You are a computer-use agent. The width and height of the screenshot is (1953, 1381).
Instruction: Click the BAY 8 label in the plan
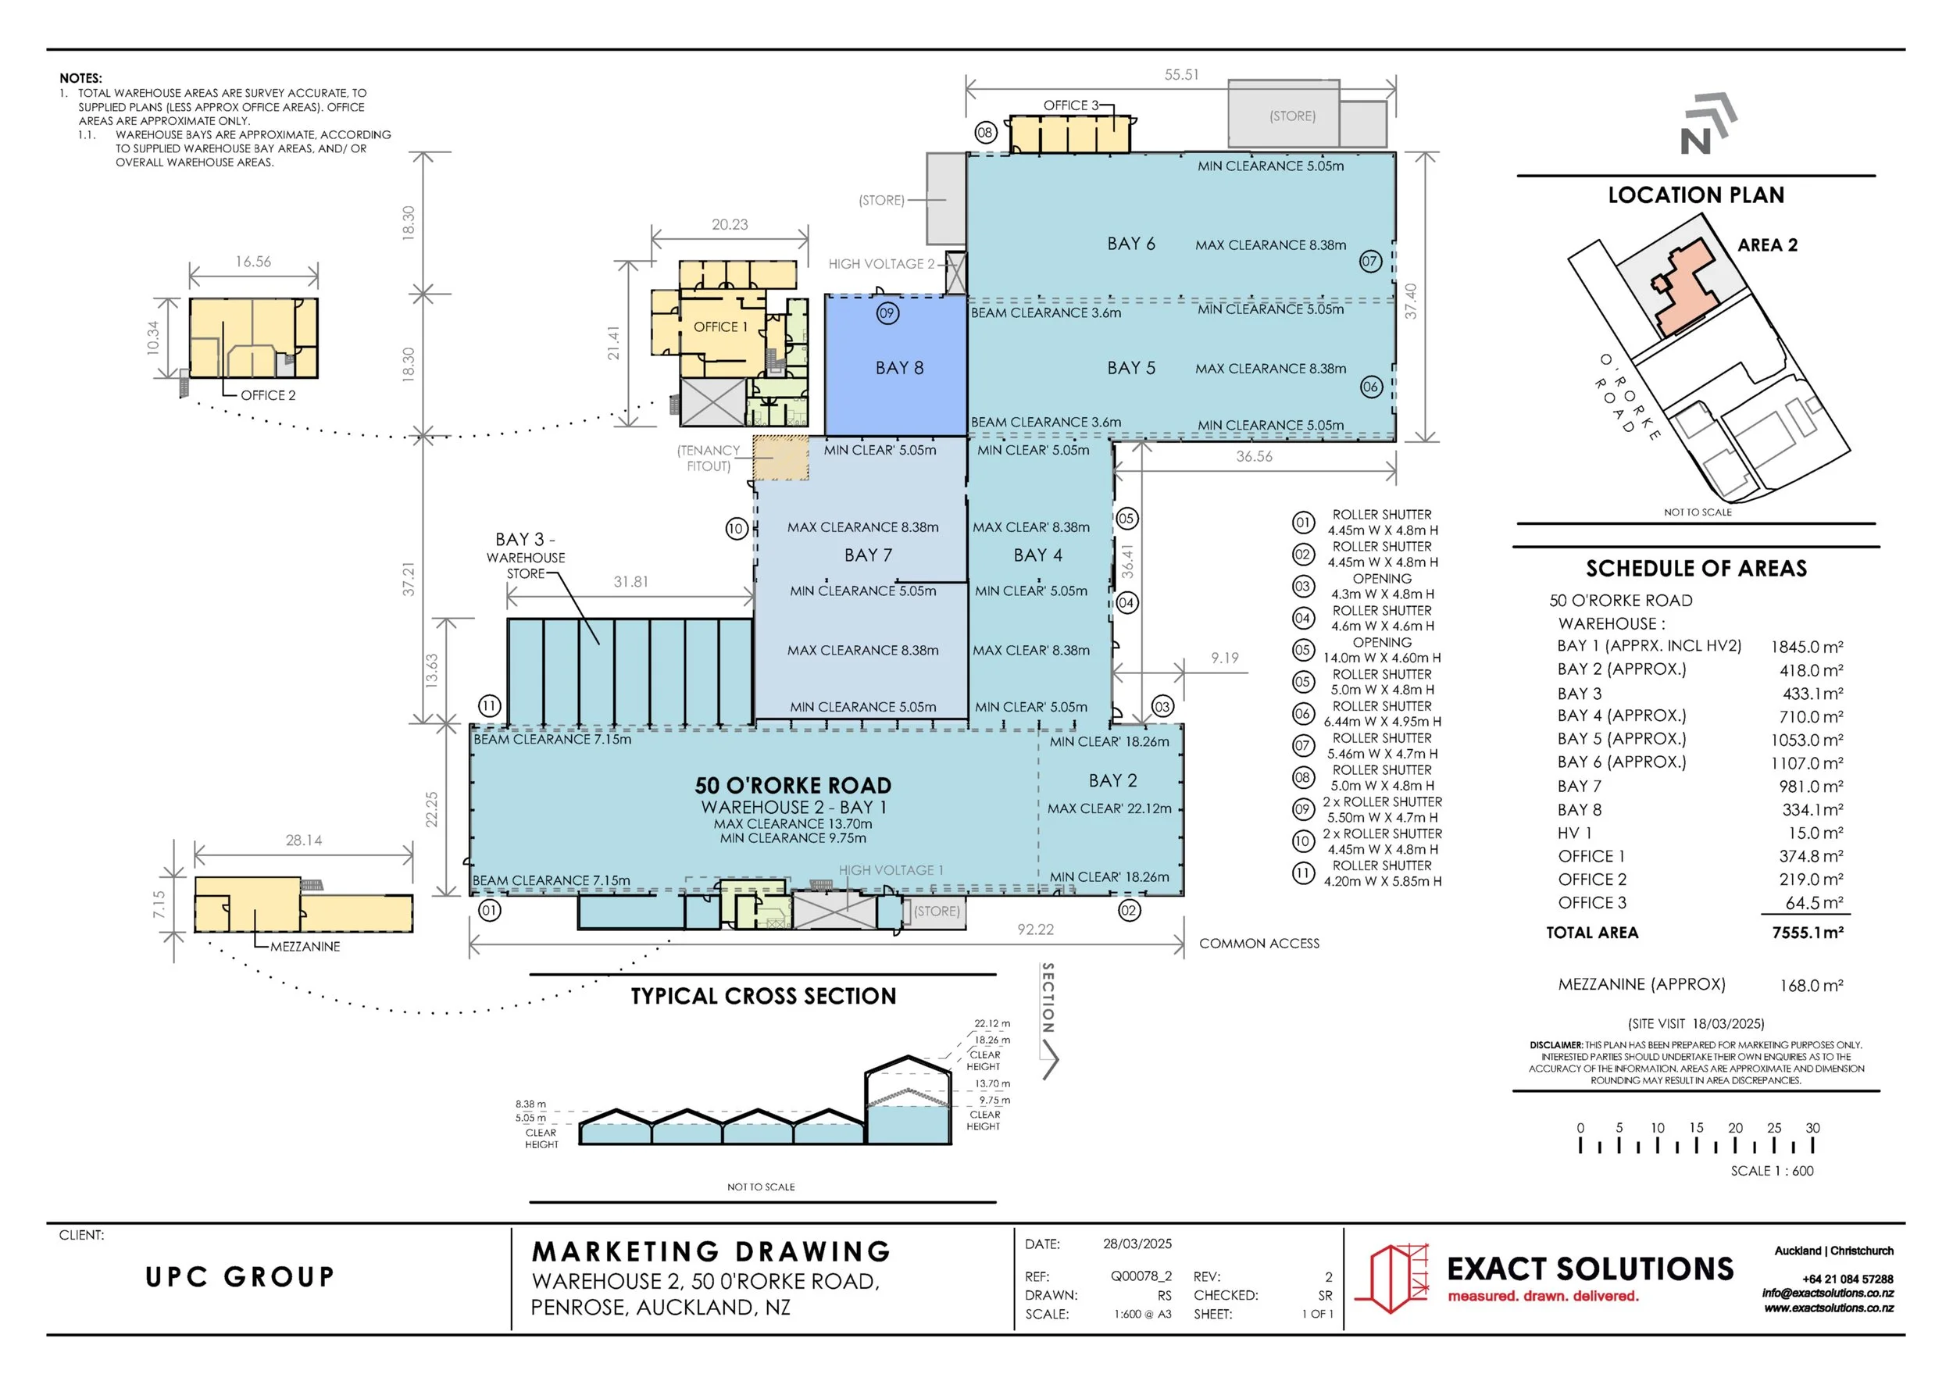click(x=899, y=368)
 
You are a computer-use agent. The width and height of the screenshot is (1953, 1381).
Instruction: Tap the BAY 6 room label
click(x=1130, y=244)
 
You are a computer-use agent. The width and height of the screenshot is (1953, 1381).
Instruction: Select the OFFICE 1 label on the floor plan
click(x=720, y=327)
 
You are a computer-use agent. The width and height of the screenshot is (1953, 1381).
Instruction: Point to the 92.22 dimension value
click(x=1035, y=930)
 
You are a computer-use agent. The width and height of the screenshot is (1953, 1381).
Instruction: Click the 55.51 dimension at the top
click(x=1181, y=75)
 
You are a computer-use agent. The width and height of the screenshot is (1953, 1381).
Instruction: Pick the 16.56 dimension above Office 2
click(x=253, y=262)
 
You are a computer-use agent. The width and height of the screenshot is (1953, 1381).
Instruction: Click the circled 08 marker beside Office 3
click(x=985, y=133)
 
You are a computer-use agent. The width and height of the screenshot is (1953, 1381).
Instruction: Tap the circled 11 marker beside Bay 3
click(x=489, y=706)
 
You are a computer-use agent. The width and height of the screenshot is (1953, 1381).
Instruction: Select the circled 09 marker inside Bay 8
click(x=887, y=314)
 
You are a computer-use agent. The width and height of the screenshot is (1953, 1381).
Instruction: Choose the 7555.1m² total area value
click(x=1808, y=933)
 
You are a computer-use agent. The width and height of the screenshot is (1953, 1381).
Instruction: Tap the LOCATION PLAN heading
click(x=1696, y=195)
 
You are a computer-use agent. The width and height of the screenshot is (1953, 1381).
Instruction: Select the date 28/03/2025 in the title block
click(x=1137, y=1244)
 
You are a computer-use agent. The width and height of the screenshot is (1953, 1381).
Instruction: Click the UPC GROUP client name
click(x=240, y=1276)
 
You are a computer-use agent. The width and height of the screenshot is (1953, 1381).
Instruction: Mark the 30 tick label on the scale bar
click(x=1812, y=1129)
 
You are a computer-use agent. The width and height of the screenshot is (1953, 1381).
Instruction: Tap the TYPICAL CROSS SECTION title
click(x=763, y=997)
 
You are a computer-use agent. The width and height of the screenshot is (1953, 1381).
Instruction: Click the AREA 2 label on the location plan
click(x=1768, y=246)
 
